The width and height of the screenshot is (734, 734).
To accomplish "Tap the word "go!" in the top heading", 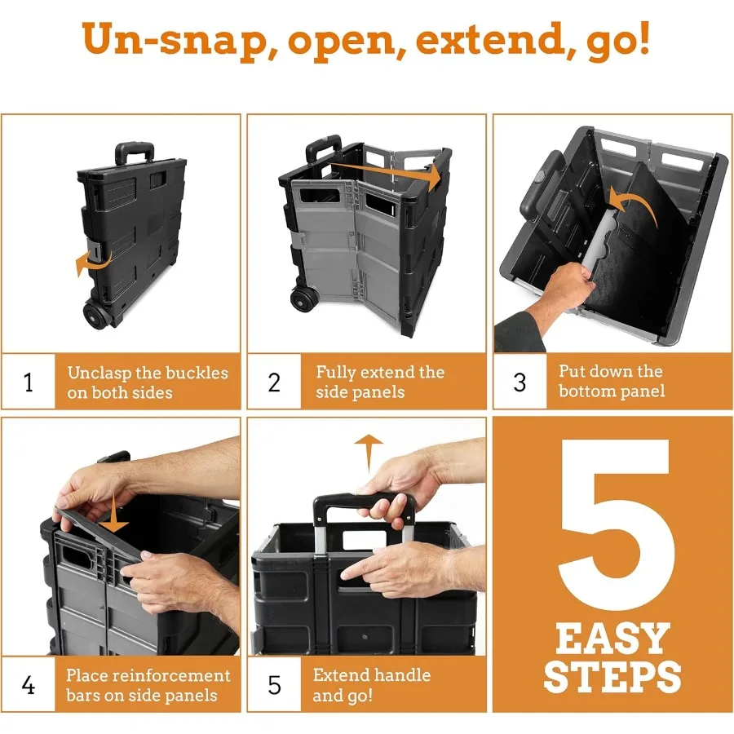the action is (x=618, y=41).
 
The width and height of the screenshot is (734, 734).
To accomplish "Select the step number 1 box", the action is (x=29, y=382).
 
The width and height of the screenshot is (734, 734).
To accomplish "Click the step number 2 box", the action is (x=274, y=382).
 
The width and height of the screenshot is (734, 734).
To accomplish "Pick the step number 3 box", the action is (x=520, y=382).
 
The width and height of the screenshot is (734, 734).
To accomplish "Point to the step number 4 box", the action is (x=29, y=685).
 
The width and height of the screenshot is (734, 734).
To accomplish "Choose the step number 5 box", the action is (x=274, y=685).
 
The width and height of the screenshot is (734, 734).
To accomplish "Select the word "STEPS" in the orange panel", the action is (x=612, y=676).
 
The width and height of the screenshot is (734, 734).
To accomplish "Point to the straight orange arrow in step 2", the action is (x=387, y=172).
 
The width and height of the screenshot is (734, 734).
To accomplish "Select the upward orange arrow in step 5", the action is (x=369, y=453).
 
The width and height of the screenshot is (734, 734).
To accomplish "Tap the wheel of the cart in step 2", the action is (x=305, y=298).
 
